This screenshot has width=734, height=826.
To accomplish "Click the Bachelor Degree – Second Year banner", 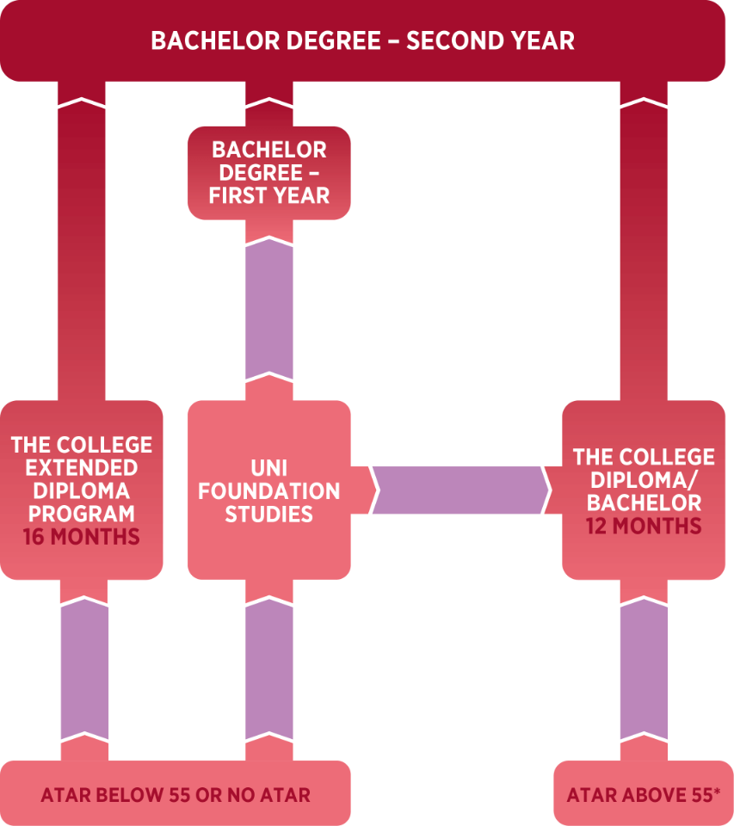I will (x=362, y=40).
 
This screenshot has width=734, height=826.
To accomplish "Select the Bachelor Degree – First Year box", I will (x=269, y=172).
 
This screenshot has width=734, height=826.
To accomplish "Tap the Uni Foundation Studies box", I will (x=269, y=490).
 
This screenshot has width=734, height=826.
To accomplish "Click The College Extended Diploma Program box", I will (x=82, y=490).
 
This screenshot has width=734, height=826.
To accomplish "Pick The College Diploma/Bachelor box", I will (x=644, y=490).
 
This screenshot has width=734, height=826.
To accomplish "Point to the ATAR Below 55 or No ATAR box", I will (x=176, y=794).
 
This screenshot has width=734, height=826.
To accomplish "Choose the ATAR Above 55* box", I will (x=644, y=794).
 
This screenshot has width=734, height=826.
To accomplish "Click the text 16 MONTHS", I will (x=82, y=537).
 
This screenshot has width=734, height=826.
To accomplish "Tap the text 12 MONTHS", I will (x=644, y=525).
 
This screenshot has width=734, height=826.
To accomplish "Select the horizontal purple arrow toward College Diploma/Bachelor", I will (x=460, y=490).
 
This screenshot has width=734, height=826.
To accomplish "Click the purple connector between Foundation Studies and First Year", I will (x=269, y=310).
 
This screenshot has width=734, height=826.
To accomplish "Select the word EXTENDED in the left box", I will (x=82, y=468).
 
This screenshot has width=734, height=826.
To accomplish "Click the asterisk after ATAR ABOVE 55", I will (x=717, y=790).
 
